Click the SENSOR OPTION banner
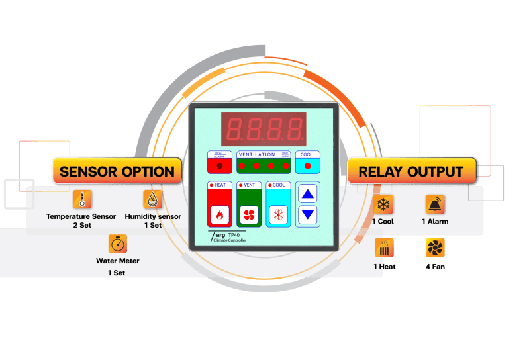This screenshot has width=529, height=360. click(117, 171)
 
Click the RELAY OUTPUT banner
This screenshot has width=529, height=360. click(411, 171)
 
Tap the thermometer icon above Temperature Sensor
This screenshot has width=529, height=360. click(81, 199)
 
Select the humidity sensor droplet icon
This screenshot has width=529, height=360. click(152, 199)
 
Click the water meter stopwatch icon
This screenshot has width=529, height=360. click(117, 243)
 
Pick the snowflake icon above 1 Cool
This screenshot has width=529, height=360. click(383, 204)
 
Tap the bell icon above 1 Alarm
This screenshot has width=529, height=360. click(434, 204)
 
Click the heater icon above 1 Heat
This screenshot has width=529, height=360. click(384, 248)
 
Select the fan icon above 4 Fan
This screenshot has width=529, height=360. click(434, 248)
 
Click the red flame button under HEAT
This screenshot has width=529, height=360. click(219, 214)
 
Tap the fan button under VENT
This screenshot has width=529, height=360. click(248, 214)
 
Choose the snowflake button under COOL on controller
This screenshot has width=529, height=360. click(277, 214)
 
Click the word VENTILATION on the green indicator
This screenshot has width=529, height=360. click(257, 154)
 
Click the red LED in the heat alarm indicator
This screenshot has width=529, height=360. click(219, 165)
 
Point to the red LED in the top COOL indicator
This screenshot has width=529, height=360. click(307, 165)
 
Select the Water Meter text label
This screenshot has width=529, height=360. click(117, 261)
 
